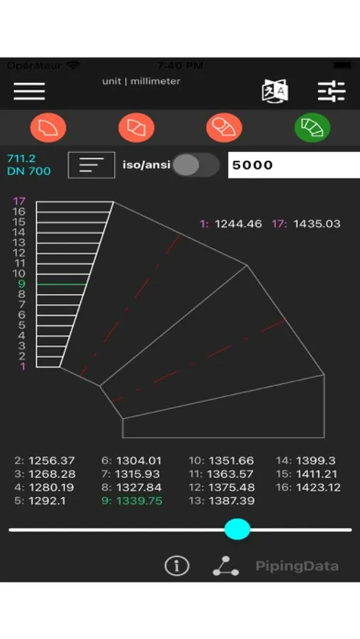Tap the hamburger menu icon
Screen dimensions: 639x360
(29, 91)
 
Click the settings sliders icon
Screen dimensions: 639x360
(331, 91)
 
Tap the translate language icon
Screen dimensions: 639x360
(275, 92)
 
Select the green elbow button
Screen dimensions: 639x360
(312, 128)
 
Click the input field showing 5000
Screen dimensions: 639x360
(293, 165)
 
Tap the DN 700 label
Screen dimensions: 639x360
(28, 171)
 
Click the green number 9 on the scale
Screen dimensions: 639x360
(23, 284)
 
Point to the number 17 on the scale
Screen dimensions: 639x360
(19, 201)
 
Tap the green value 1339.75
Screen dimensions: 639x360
(139, 501)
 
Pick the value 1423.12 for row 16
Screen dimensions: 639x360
(318, 487)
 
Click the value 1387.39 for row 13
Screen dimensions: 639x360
(231, 501)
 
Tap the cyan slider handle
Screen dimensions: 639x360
(237, 529)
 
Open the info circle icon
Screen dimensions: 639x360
(177, 566)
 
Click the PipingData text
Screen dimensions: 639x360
(297, 566)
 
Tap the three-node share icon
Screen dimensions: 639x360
(225, 566)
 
